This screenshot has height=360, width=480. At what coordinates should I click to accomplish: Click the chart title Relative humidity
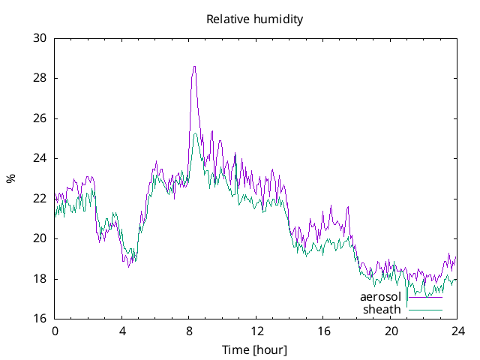coord(254,19)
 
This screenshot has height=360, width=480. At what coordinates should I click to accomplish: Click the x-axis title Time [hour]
coord(254,349)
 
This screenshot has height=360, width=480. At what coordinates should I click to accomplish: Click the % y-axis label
coord(10,178)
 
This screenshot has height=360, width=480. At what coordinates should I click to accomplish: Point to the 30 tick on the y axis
coord(40,38)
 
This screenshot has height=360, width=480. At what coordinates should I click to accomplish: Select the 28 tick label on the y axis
coord(40,78)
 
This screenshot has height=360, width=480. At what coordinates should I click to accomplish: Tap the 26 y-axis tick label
coord(40,118)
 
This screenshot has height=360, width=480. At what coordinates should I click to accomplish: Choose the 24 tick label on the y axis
coord(40,158)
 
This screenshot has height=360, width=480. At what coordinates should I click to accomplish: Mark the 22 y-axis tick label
coord(40,199)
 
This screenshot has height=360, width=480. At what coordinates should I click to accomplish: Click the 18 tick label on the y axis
coord(40,279)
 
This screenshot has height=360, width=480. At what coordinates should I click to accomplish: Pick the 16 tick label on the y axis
coord(40,319)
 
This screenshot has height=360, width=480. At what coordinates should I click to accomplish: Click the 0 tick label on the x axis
coord(55,331)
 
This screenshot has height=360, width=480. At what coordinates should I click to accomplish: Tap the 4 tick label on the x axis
coord(122,331)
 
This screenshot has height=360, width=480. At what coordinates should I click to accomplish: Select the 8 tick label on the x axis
coord(190,331)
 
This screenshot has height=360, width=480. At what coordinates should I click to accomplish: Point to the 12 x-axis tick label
coord(256,331)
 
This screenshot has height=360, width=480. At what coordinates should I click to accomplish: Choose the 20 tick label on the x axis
coord(391,331)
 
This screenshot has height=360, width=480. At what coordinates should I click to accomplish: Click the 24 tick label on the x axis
coord(458,331)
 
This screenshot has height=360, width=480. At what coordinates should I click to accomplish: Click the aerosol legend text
coord(380,298)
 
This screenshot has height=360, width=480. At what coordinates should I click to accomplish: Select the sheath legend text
coord(382,310)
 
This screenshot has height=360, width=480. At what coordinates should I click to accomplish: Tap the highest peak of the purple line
coord(194,66)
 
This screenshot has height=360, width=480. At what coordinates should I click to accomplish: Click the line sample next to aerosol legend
coord(424,298)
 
